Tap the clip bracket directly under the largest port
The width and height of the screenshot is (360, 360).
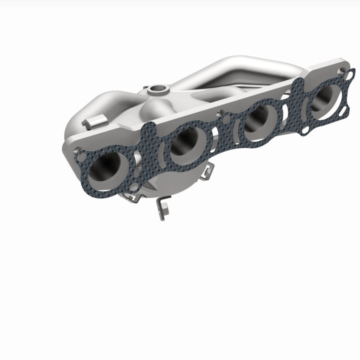click(x=131, y=197)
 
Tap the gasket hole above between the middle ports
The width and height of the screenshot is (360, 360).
click(x=226, y=119)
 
